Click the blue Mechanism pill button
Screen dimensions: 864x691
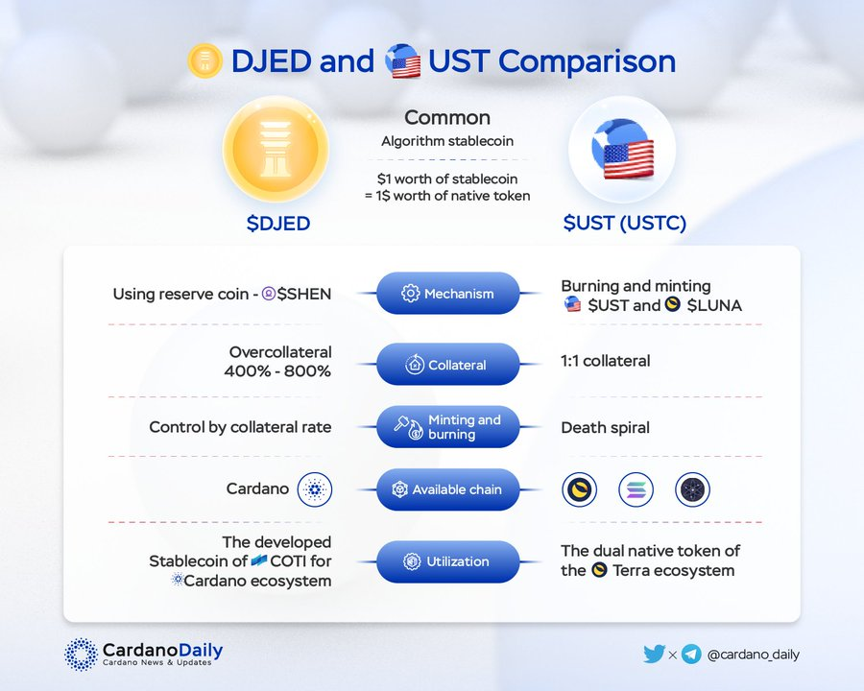click(x=448, y=293)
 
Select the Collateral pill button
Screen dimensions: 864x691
click(x=448, y=365)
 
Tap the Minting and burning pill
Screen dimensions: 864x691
click(x=448, y=427)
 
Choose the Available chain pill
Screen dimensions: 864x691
click(x=448, y=489)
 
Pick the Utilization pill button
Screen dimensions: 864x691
click(x=448, y=561)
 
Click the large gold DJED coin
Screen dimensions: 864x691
click(x=276, y=149)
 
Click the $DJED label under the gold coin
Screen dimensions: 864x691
click(x=278, y=224)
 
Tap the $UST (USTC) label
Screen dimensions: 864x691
click(x=625, y=224)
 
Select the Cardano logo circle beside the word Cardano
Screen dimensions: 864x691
click(x=315, y=489)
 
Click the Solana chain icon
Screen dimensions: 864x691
click(x=636, y=489)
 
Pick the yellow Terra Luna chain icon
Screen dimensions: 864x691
click(x=580, y=489)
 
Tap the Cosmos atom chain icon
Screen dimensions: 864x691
click(x=692, y=489)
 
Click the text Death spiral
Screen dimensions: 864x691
click(x=605, y=428)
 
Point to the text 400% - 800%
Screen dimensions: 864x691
click(x=277, y=370)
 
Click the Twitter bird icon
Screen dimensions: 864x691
click(x=654, y=654)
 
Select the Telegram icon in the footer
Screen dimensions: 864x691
click(x=691, y=655)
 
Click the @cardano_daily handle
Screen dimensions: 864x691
click(x=753, y=655)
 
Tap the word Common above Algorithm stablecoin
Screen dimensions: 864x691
click(x=447, y=117)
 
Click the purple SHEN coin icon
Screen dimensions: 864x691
click(x=269, y=294)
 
